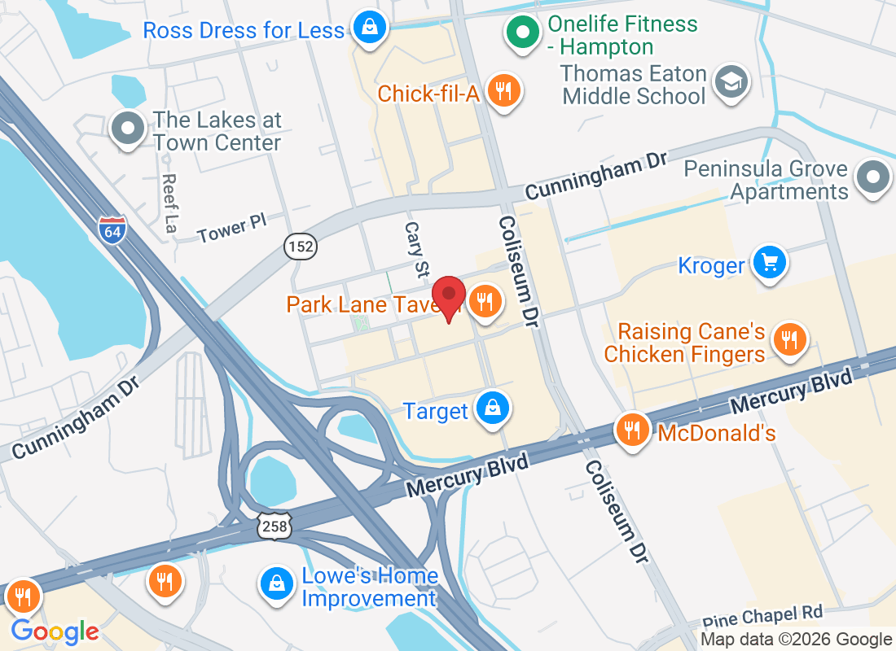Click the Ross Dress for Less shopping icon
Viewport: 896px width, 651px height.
click(x=369, y=28)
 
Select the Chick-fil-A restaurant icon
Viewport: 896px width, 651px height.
click(x=504, y=90)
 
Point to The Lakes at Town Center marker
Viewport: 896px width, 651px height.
click(x=128, y=129)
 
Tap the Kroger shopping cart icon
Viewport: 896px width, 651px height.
click(x=770, y=262)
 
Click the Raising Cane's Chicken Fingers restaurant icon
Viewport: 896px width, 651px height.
click(x=788, y=339)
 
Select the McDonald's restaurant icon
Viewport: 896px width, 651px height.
click(x=633, y=428)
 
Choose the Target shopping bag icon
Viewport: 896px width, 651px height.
click(x=494, y=408)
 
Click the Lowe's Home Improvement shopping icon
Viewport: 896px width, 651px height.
click(x=277, y=583)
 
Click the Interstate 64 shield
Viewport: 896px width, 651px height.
click(x=113, y=229)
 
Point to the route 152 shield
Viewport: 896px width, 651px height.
click(x=301, y=247)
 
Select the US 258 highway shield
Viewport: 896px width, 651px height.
click(x=275, y=526)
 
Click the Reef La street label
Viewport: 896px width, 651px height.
click(x=169, y=203)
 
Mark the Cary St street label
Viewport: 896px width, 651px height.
click(x=417, y=247)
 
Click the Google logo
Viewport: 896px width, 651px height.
click(x=55, y=631)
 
